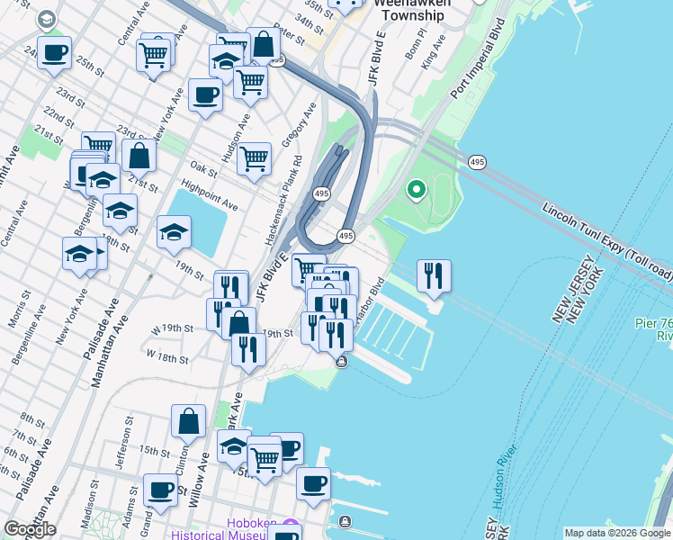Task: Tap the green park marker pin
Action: coord(416,190)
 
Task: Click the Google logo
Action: coord(30,529)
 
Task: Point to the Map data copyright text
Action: coord(617,533)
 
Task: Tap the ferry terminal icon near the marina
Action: coord(342,362)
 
